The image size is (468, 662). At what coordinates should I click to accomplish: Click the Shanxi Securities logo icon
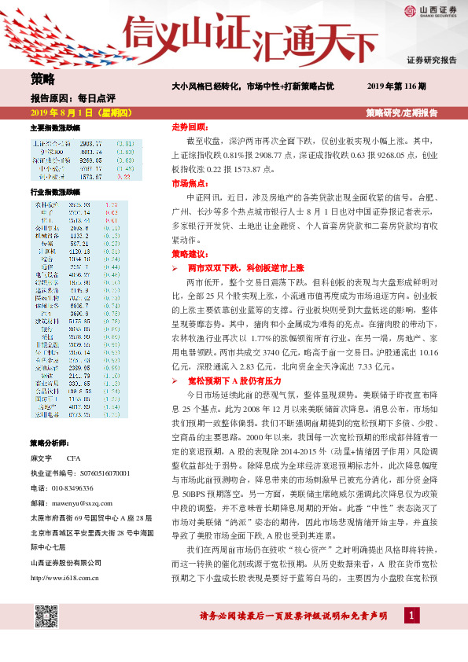tap(411, 10)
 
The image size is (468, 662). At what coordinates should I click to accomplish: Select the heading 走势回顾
tap(189, 127)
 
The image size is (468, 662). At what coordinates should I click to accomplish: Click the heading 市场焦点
tap(189, 183)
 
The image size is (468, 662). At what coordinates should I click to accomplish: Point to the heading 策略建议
tap(189, 255)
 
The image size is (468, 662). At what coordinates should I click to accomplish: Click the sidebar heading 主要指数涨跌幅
tap(55, 127)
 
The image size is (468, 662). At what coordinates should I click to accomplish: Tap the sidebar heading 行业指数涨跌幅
tap(55, 192)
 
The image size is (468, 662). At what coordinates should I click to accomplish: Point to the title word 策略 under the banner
tap(42, 79)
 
